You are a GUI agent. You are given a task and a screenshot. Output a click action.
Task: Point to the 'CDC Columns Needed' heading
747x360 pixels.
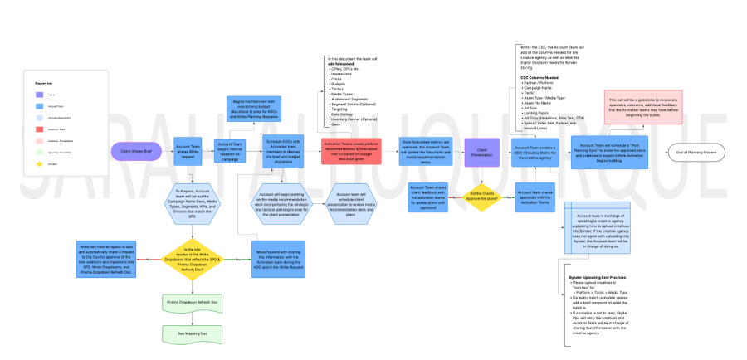tap(539, 77)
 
